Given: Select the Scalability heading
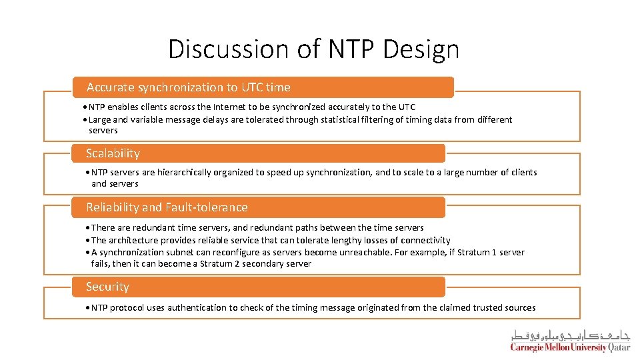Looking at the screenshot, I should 113,153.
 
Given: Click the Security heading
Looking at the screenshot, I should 107,287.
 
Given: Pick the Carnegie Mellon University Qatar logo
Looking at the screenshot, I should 570,341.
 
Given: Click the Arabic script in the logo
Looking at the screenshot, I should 570,335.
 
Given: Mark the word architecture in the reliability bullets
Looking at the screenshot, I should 134,240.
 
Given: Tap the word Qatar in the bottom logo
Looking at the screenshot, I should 619,347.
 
